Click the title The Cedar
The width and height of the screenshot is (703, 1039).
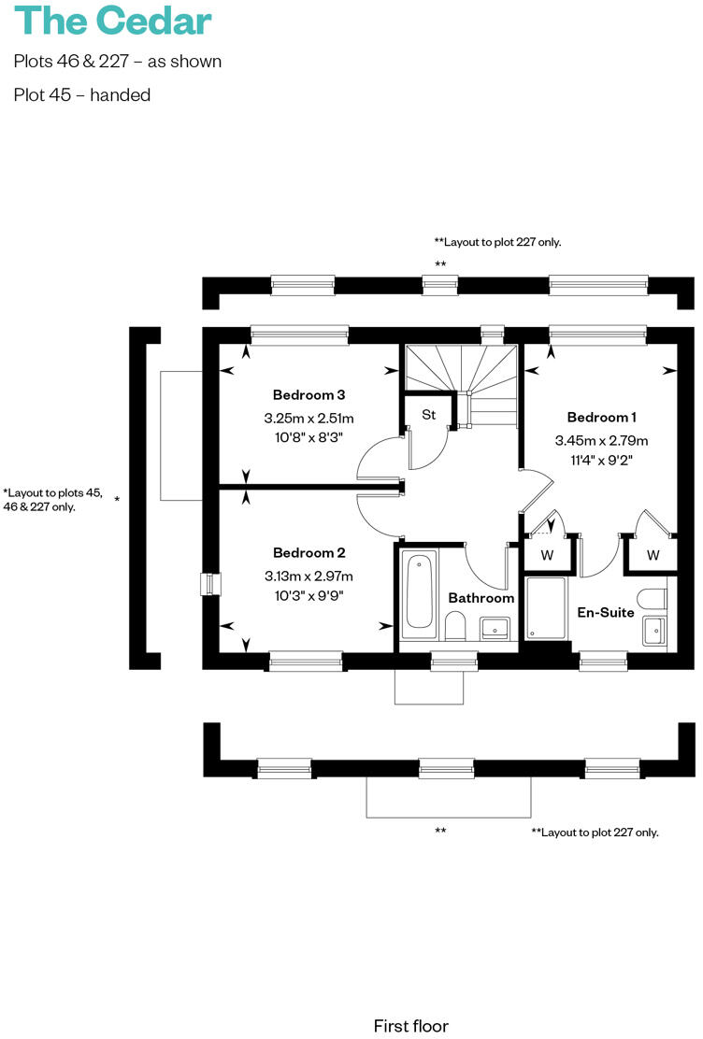(113, 21)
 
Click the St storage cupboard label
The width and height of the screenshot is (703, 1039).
(428, 414)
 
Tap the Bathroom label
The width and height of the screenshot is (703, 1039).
(481, 598)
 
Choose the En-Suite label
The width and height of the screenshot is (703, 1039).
(605, 613)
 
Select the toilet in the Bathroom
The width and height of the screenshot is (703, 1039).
(455, 626)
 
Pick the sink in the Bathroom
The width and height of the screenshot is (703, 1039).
(495, 628)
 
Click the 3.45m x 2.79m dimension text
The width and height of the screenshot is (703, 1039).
(601, 440)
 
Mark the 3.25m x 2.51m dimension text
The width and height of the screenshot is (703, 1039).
(308, 418)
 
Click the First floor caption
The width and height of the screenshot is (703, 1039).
(410, 1026)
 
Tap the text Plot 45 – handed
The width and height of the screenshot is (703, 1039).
(82, 94)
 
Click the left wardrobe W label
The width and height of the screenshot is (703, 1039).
(547, 555)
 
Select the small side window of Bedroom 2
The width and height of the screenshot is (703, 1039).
(208, 584)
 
